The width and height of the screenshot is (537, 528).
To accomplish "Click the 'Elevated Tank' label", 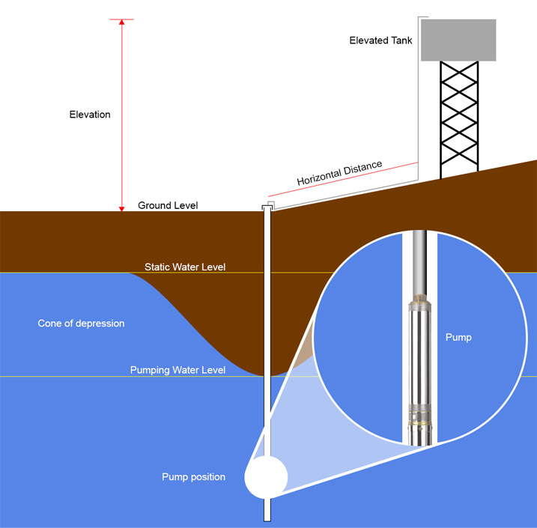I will tap(380, 40).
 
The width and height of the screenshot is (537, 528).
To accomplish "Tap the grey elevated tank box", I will tap(458, 40).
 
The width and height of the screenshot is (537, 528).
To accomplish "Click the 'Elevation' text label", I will tap(90, 115).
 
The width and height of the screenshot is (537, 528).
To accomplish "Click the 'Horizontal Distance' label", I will tap(339, 174).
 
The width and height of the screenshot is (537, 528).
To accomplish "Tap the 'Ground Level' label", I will tap(168, 205).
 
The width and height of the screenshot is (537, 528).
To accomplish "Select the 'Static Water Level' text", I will tap(185, 267).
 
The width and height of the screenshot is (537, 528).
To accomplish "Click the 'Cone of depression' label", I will tap(81, 324).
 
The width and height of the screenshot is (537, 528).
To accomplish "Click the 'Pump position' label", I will tap(193, 477).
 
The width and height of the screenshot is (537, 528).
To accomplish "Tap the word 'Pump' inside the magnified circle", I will tap(458, 338).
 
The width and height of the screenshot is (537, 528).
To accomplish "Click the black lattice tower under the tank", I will tap(458, 120).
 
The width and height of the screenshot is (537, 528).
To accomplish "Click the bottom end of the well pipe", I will tap(266, 518).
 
